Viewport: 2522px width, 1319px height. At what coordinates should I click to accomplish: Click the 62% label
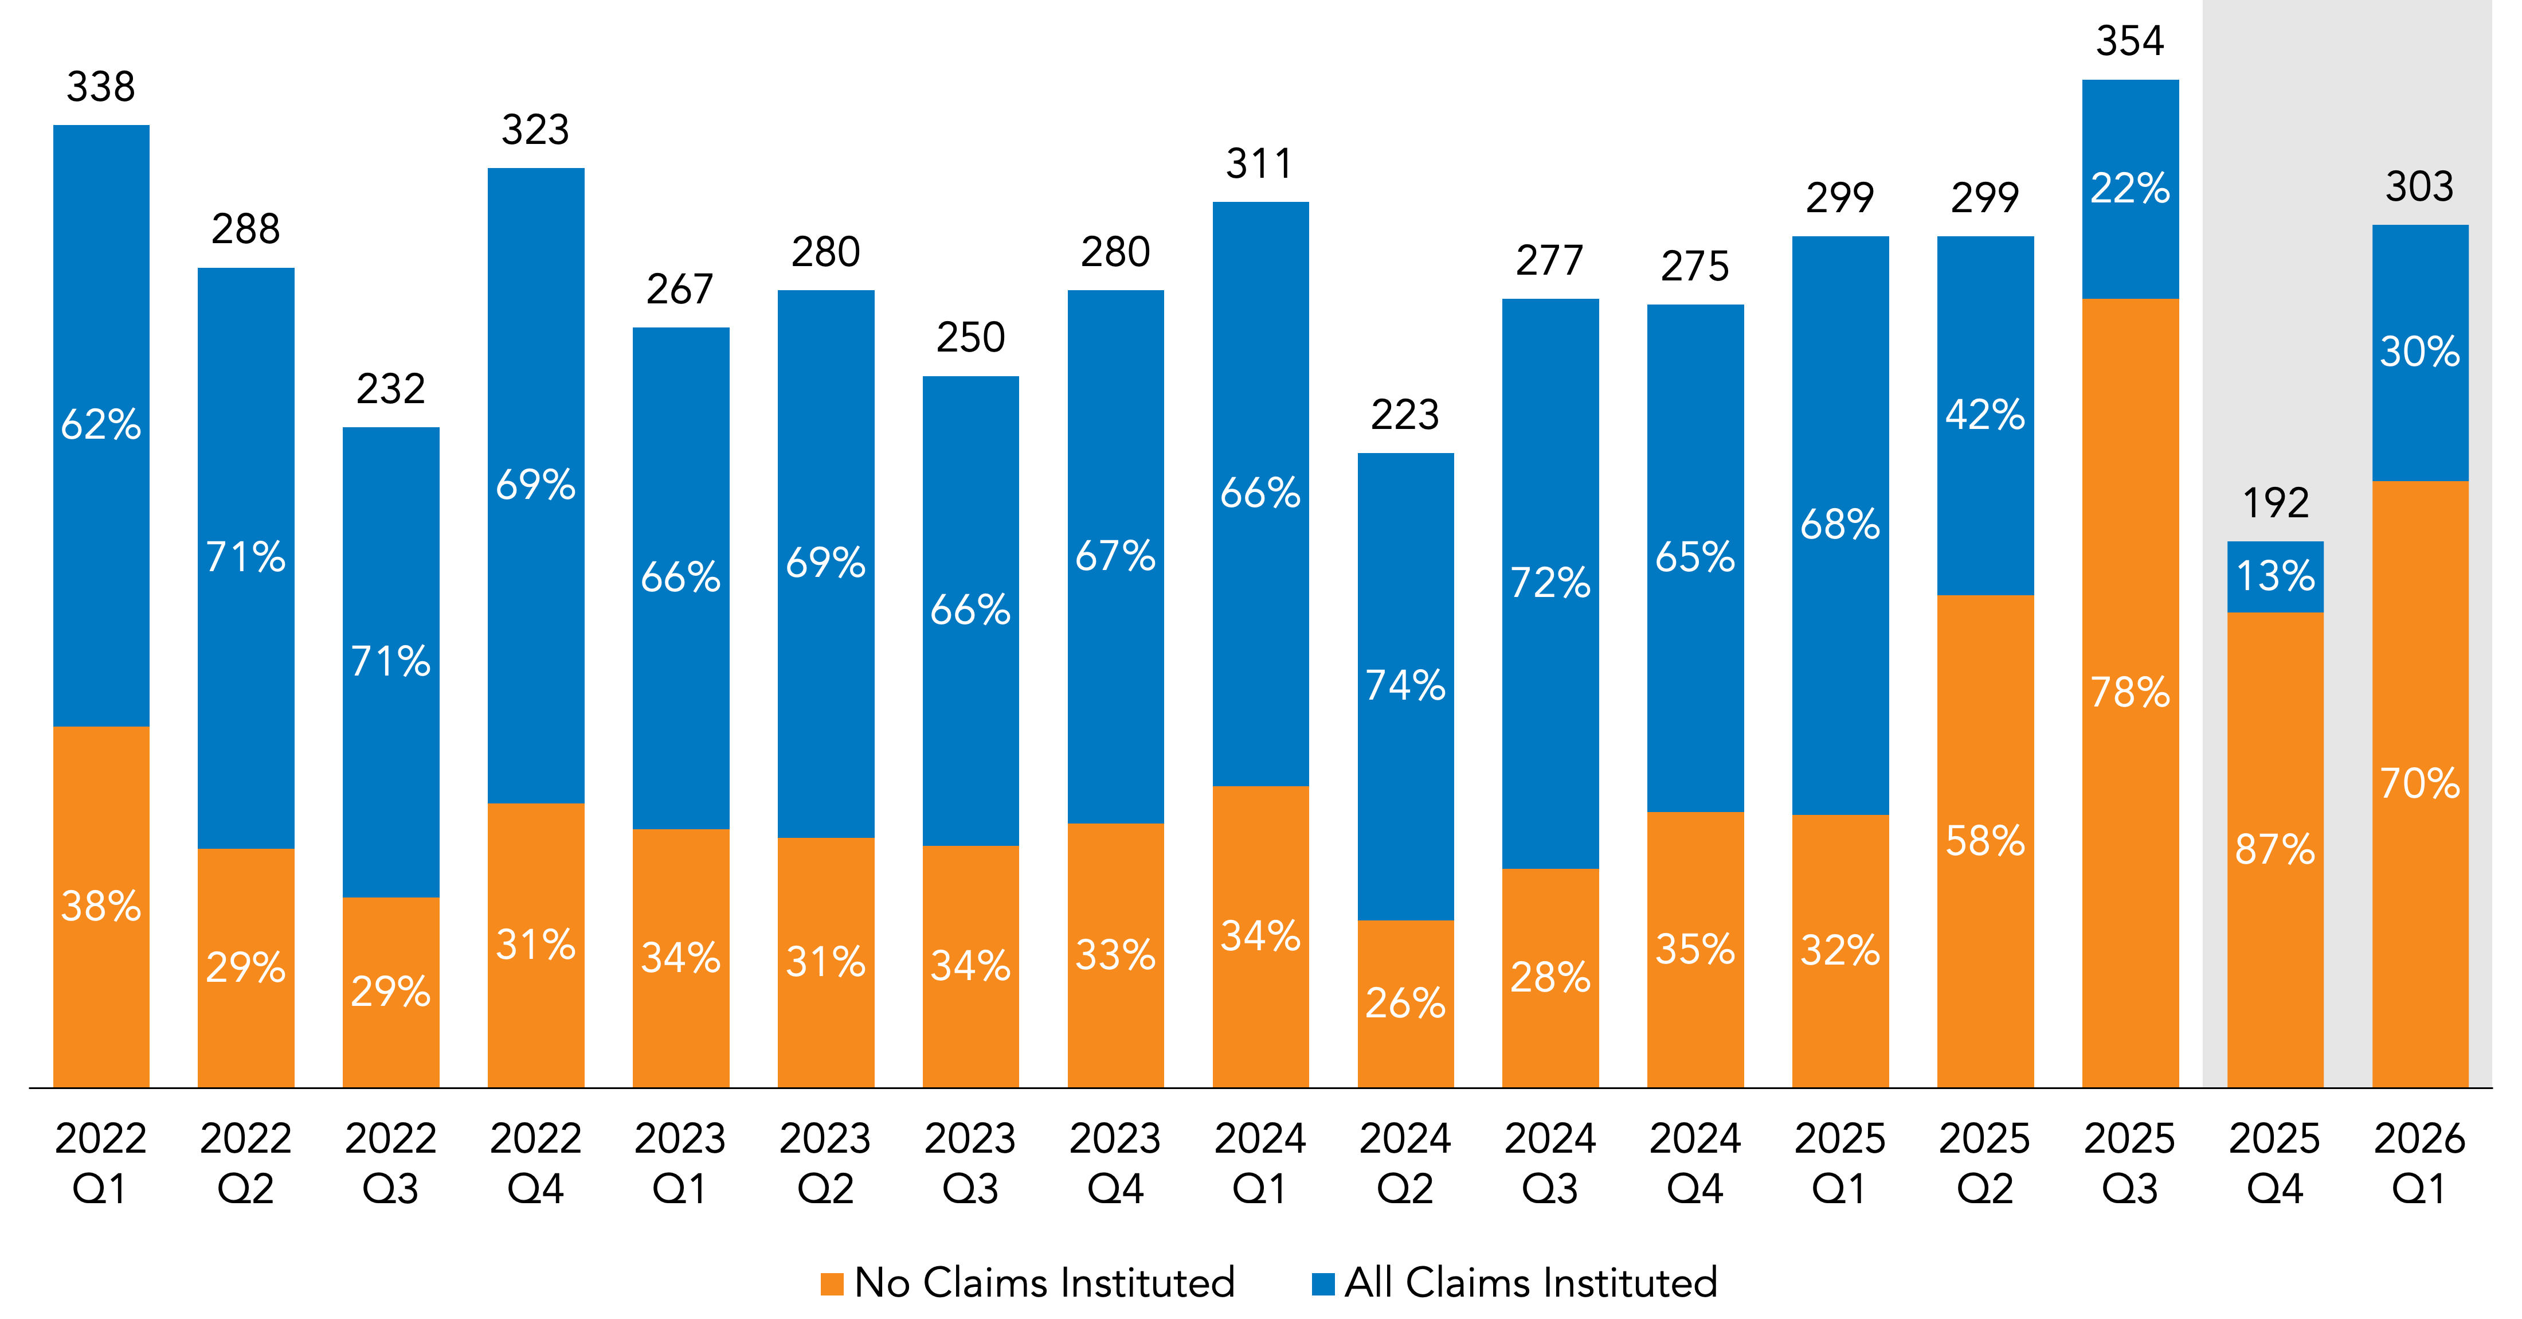101,425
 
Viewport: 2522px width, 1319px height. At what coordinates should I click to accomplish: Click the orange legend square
832,1284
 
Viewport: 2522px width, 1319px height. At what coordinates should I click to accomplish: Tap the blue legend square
1323,1284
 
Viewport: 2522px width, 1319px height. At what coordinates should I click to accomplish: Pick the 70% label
2419,783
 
